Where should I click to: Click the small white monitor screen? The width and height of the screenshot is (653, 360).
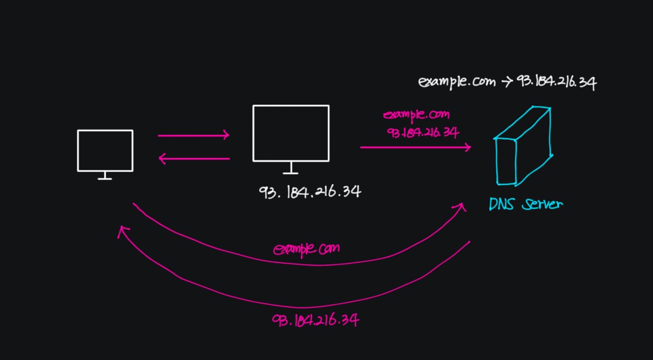pos(105,150)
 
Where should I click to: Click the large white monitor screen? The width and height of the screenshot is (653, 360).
pos(291,133)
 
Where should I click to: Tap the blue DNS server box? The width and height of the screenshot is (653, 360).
pos(523,147)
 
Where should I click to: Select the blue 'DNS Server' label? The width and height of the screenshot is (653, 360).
pos(525,204)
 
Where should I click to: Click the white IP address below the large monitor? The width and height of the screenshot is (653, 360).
pos(310,191)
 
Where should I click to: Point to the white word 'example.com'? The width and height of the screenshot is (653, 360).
pos(456,82)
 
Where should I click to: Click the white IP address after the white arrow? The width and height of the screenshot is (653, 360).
pos(555,83)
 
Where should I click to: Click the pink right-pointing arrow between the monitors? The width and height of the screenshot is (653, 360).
pos(193,135)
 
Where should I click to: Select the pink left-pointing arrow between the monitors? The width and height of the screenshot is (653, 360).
pos(193,158)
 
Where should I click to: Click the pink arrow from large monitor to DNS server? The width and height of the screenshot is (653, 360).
pos(415,147)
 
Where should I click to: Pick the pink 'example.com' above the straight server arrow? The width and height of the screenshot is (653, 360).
pos(417,115)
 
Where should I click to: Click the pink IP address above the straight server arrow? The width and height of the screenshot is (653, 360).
pos(423,132)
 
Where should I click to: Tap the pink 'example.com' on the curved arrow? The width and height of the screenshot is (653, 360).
pos(307,248)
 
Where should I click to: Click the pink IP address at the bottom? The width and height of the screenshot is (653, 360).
pos(316,320)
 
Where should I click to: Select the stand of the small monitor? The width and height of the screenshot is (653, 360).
pos(105,176)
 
